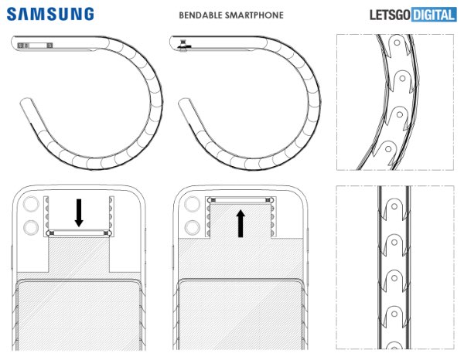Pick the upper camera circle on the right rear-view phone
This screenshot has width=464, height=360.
193,206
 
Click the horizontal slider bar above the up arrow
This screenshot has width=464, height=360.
241,200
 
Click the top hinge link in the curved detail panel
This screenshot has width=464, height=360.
397,48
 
